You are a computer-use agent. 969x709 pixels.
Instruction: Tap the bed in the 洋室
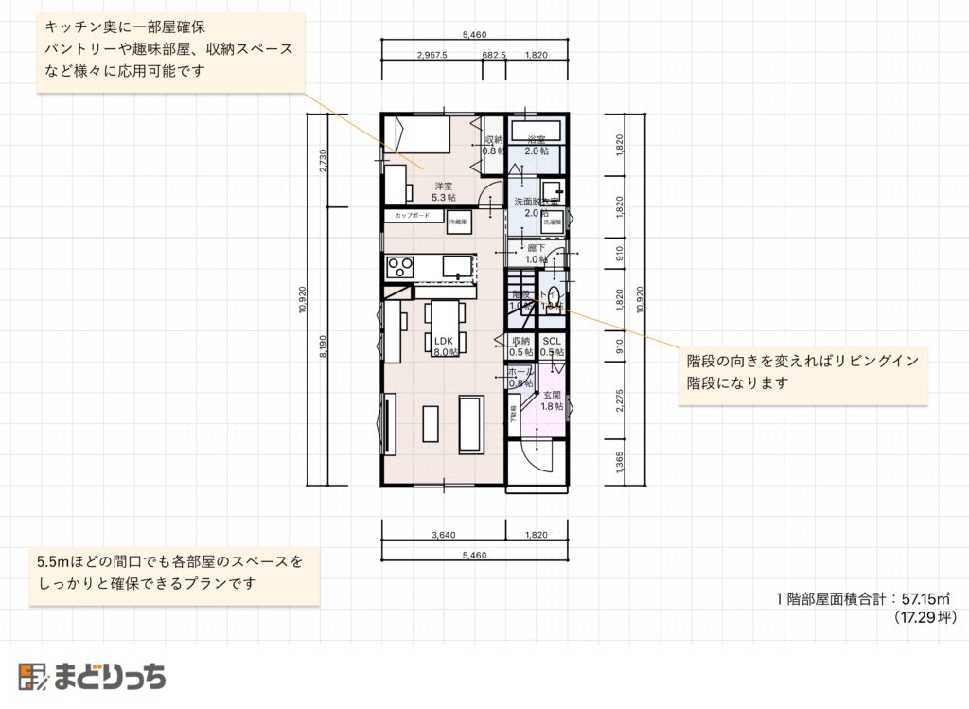pyautogui.click(x=416, y=134)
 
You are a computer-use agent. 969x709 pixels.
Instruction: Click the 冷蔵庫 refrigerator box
pyautogui.click(x=458, y=220)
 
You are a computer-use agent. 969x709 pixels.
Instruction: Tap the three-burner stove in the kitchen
pyautogui.click(x=398, y=264)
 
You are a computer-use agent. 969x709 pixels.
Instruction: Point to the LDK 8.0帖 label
pyautogui.click(x=445, y=346)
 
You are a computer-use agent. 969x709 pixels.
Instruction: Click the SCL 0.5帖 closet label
pyautogui.click(x=552, y=346)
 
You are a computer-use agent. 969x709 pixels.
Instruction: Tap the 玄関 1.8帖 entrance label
pyautogui.click(x=552, y=400)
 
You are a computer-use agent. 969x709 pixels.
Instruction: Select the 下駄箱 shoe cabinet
pyautogui.click(x=513, y=417)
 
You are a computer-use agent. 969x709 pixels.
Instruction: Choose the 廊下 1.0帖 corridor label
pyautogui.click(x=537, y=254)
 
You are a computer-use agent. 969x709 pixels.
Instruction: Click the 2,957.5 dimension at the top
pyautogui.click(x=431, y=56)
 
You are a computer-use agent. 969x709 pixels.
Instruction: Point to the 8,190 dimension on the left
pyautogui.click(x=324, y=348)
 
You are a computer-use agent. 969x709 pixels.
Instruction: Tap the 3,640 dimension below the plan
pyautogui.click(x=443, y=535)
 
